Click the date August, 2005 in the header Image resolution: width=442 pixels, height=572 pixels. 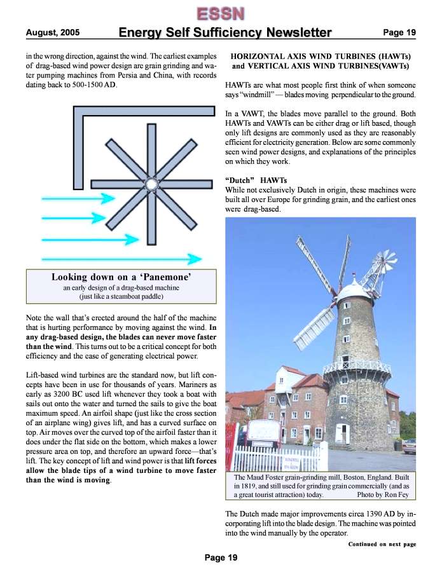(x=52, y=32)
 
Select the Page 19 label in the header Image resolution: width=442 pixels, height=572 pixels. (x=399, y=32)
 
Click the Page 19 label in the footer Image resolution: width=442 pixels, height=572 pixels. (x=221, y=557)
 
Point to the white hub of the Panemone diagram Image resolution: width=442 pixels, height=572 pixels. (x=151, y=184)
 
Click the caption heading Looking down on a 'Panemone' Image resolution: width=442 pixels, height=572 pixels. (x=121, y=277)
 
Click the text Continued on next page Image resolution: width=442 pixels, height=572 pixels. (x=382, y=545)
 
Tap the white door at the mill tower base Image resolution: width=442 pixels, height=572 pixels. (x=342, y=433)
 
